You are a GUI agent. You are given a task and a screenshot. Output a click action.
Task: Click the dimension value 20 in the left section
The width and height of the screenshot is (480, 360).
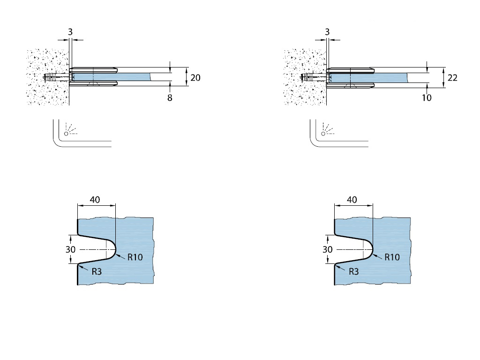click(195, 77)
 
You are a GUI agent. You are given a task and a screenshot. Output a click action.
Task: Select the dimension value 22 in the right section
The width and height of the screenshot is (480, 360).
click(452, 78)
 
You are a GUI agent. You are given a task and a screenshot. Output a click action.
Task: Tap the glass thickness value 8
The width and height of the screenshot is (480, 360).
click(170, 98)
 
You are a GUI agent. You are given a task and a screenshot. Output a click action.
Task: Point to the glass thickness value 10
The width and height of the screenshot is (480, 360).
click(427, 97)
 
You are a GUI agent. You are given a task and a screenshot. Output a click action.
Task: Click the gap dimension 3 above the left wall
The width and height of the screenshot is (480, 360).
click(70, 31)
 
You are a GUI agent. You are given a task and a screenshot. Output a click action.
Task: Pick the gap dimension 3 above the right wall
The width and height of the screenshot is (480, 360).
click(327, 31)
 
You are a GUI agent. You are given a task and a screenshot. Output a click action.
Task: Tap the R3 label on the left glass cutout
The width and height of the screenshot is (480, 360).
click(96, 271)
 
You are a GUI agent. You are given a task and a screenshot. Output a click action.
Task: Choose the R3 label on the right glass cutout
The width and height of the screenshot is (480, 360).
click(353, 271)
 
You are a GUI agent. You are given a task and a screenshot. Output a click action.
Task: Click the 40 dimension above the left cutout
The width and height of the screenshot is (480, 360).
click(95, 200)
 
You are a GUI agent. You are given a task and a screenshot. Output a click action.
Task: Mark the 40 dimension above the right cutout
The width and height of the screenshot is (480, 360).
click(352, 200)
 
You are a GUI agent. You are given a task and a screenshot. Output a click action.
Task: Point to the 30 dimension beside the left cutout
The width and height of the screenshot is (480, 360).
click(70, 249)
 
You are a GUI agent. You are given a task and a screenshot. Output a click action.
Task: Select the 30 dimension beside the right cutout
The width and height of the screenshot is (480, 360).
click(327, 249)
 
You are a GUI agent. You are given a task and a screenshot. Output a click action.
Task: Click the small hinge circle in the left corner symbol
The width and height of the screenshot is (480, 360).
click(66, 134)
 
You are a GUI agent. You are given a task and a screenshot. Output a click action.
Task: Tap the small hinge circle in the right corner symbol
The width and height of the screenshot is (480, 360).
click(323, 134)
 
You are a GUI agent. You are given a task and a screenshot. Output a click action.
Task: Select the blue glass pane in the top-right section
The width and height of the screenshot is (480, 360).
click(384, 77)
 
